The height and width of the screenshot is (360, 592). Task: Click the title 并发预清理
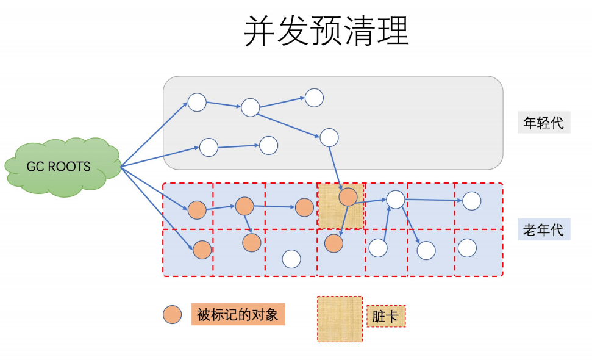point(326,31)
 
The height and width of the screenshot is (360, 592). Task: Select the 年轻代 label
point(543,123)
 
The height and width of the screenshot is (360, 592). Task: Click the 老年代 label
point(543,230)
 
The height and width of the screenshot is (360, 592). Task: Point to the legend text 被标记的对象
point(237,314)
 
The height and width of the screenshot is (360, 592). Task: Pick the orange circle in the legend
point(173,315)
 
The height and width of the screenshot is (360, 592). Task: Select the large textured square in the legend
point(340,319)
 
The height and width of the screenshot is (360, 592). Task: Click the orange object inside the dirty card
point(348,196)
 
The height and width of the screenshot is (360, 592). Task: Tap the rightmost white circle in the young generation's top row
point(314,98)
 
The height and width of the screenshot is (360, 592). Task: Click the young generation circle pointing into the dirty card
point(329,137)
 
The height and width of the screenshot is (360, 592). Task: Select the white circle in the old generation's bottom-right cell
point(467,248)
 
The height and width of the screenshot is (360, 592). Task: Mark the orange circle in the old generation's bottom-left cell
point(202,249)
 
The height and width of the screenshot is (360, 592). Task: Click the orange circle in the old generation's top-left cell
point(197,210)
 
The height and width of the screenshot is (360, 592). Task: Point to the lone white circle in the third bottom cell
point(291,259)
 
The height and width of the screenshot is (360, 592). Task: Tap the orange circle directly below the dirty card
point(333,243)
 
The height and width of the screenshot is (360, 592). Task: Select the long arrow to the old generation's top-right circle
point(433,200)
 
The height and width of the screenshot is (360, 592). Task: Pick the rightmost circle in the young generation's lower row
point(269,145)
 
